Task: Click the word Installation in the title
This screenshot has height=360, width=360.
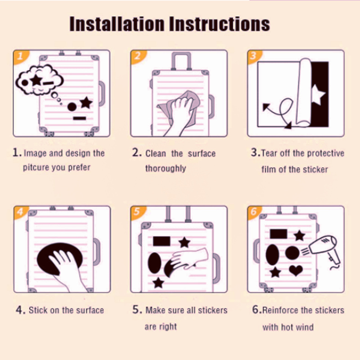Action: pos(117,24)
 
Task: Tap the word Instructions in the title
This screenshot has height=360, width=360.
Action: pos(220,24)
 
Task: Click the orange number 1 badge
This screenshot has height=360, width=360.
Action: pos(21,57)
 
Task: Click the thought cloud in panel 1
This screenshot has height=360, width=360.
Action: pos(40,80)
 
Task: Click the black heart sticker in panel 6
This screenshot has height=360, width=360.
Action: pos(296,270)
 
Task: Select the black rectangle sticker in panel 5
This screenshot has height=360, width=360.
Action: pos(162,241)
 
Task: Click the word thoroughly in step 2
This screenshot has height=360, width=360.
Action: pos(166,168)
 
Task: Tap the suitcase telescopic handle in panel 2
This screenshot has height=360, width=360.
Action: pos(181,61)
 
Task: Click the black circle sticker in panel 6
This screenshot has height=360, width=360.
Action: pos(292,253)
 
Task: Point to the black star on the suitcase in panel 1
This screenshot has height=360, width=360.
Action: pos(86,103)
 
